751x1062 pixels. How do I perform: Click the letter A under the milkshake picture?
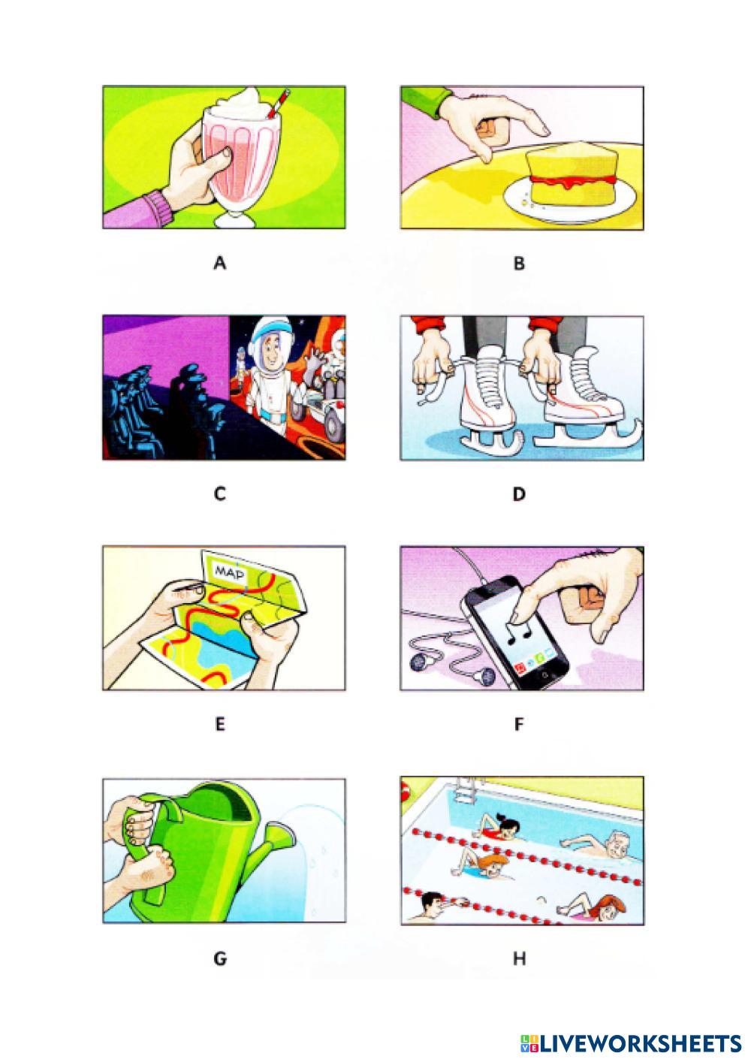[x=219, y=263]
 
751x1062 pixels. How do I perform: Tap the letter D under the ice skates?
[x=519, y=494]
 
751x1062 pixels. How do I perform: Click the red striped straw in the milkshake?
[x=277, y=104]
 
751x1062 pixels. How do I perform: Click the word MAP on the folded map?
[x=231, y=573]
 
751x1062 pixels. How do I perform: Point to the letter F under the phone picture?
[x=519, y=725]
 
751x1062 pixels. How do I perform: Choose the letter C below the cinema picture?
[x=219, y=494]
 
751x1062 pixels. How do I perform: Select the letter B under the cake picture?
[x=519, y=263]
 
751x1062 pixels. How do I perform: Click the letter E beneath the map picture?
[x=219, y=725]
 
